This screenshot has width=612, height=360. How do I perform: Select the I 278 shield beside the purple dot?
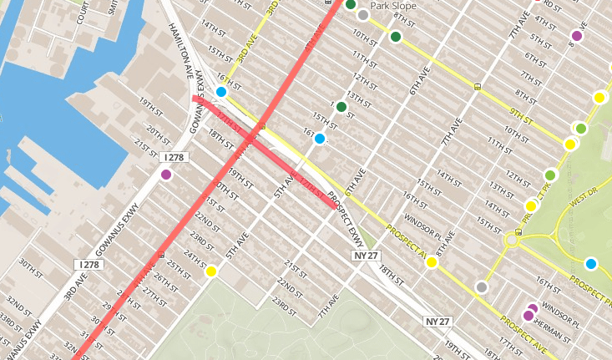(x=174, y=157)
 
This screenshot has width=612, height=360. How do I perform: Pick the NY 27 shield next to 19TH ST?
(x=437, y=321)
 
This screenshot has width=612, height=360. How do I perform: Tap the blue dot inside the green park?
(x=591, y=264)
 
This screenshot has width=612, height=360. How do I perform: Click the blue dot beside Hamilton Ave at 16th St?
(x=221, y=92)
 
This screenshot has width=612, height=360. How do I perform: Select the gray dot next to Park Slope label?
(x=362, y=14)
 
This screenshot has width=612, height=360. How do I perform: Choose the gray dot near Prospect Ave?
(x=481, y=287)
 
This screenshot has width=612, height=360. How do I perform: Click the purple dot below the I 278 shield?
(x=165, y=175)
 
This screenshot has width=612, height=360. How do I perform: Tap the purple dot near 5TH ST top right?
(x=576, y=35)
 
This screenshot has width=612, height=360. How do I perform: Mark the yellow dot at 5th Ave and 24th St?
(x=211, y=271)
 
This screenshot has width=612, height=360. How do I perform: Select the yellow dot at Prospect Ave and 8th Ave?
(x=432, y=262)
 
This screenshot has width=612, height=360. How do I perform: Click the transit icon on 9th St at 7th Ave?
(x=477, y=85)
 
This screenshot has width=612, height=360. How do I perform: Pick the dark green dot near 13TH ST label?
(x=341, y=107)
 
